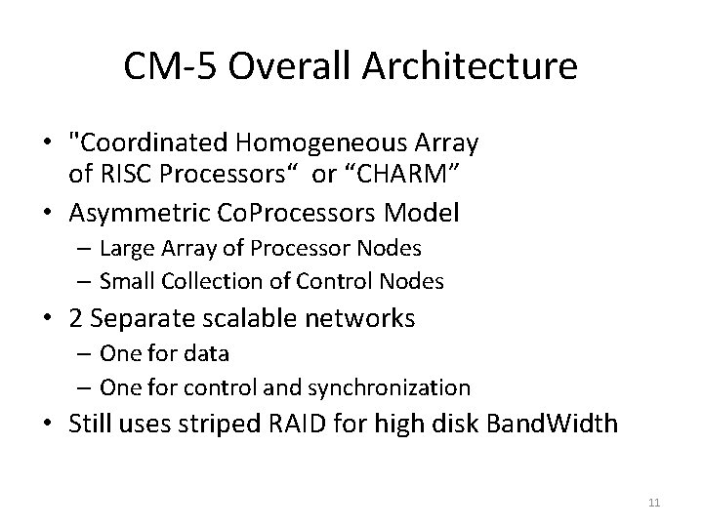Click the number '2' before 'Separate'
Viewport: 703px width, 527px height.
pos(74,317)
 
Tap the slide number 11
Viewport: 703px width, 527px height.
pos(654,503)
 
